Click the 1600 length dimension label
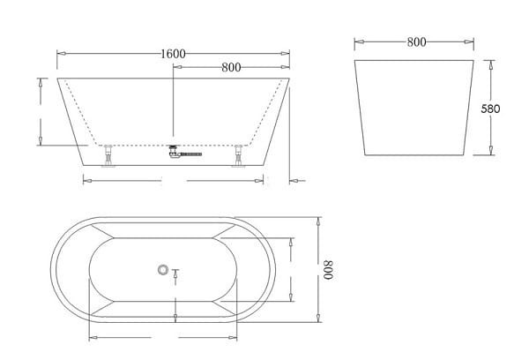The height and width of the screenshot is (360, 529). click(x=173, y=54)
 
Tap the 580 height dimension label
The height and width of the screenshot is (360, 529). click(x=490, y=109)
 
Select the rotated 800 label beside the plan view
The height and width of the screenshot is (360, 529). click(x=328, y=270)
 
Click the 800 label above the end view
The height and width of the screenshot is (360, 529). click(x=416, y=42)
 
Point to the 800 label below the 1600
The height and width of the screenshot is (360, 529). click(x=231, y=68)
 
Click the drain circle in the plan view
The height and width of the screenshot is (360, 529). click(x=163, y=269)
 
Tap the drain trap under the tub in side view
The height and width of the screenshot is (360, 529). click(x=174, y=151)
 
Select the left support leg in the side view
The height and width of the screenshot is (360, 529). click(x=108, y=155)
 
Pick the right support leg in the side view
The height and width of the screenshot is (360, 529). click(x=239, y=155)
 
